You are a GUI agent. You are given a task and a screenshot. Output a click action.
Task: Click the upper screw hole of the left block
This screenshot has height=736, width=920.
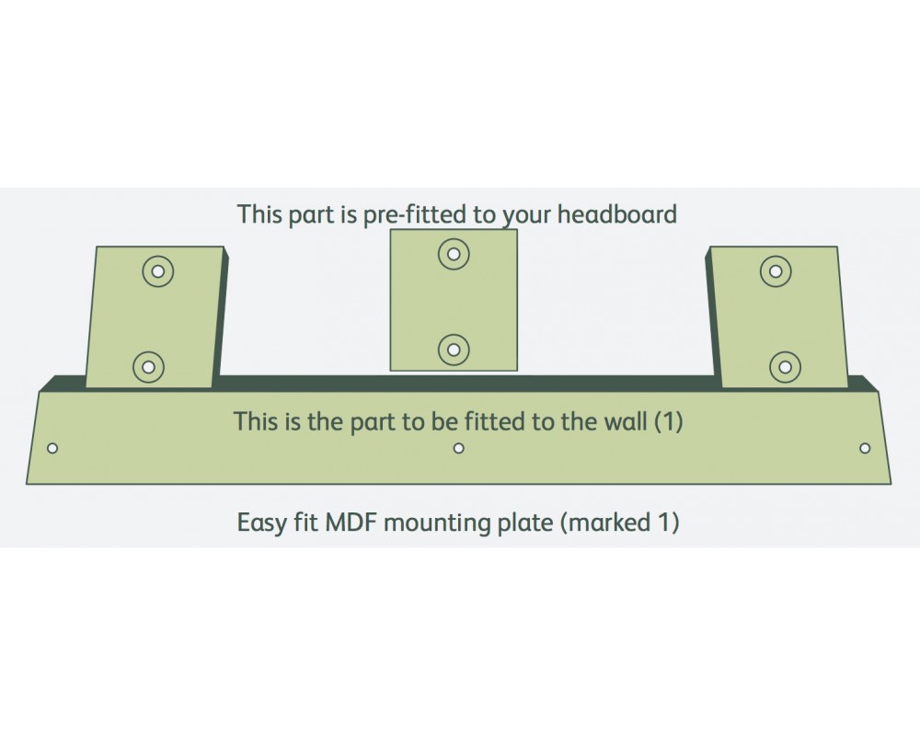(x=158, y=271)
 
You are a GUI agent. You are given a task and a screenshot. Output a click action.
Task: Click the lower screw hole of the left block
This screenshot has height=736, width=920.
(x=148, y=367)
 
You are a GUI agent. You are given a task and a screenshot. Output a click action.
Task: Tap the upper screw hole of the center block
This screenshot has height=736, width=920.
(x=454, y=254)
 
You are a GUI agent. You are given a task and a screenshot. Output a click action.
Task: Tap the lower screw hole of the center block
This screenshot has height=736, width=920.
(x=454, y=350)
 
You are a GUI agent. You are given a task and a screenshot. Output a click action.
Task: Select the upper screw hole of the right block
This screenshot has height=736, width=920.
(x=776, y=271)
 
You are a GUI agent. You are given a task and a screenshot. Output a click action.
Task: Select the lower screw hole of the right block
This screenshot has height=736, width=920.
(x=785, y=367)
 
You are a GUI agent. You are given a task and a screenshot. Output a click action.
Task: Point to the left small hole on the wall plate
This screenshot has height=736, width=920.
(x=52, y=448)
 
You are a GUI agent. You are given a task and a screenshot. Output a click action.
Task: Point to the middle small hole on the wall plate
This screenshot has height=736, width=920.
(x=459, y=448)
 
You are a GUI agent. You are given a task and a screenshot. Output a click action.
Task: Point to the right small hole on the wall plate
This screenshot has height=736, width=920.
(x=865, y=448)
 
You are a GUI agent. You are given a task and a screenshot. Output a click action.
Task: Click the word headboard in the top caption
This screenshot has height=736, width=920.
(x=616, y=214)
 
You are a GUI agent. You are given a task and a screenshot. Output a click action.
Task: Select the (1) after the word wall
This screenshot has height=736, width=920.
(x=668, y=421)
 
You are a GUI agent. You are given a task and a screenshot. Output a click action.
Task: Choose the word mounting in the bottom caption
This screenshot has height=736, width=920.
(x=438, y=523)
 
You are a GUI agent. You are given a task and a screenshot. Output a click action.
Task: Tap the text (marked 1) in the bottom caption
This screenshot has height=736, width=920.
(x=618, y=523)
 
